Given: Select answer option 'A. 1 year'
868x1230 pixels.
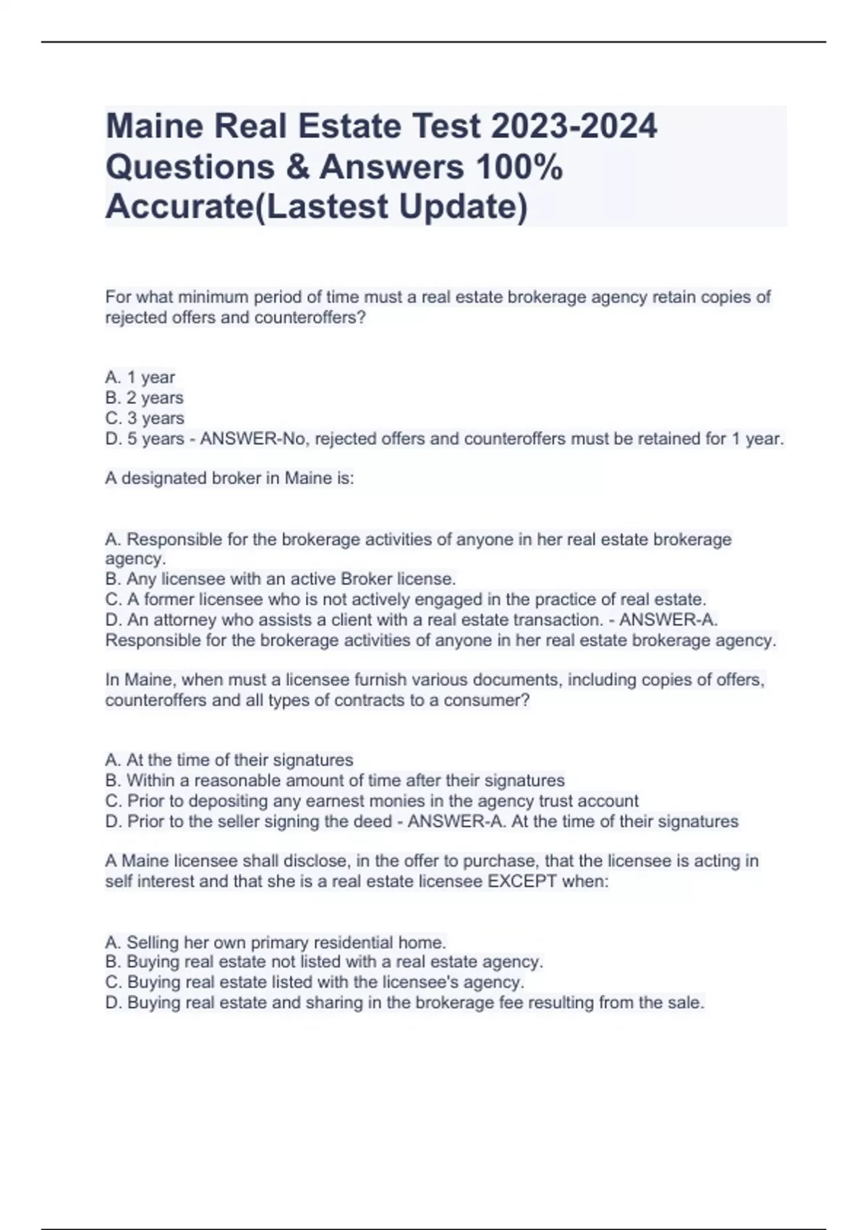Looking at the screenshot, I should pyautogui.click(x=140, y=377).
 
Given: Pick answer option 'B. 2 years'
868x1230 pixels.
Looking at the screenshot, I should pyautogui.click(x=145, y=397).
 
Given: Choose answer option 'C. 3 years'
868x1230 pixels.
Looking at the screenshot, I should pyautogui.click(x=145, y=418).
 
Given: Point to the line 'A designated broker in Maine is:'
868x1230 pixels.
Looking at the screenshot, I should pyautogui.click(x=230, y=478).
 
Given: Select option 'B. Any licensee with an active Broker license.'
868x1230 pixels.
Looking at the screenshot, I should pyautogui.click(x=281, y=579).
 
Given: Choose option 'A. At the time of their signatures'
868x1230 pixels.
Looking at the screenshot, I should pyautogui.click(x=229, y=760).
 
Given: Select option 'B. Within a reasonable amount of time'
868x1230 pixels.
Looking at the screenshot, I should pyautogui.click(x=335, y=781).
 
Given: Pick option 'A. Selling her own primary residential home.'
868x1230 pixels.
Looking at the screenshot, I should pyautogui.click(x=276, y=942).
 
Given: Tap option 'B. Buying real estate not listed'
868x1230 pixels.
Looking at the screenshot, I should pyautogui.click(x=324, y=962).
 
